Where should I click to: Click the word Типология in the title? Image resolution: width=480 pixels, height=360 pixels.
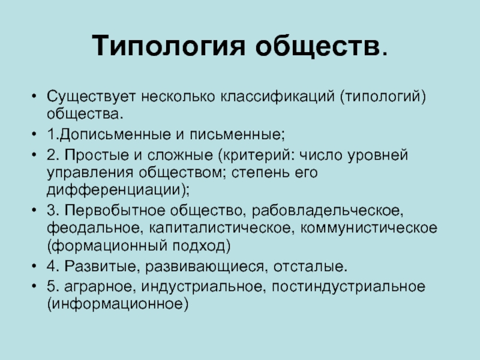[169, 46]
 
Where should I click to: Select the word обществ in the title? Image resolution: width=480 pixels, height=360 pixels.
[317, 47]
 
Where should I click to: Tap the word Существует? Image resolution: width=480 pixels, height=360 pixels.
[91, 97]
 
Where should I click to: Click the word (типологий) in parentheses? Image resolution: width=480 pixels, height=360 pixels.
[383, 97]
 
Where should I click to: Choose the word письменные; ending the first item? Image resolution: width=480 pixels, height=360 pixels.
[237, 135]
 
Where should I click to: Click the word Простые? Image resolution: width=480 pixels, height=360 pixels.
[97, 155]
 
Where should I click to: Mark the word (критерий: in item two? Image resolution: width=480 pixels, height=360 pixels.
[256, 155]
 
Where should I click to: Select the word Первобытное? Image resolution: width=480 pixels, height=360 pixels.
[115, 211]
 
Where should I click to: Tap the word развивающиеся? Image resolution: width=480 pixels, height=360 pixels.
[204, 266]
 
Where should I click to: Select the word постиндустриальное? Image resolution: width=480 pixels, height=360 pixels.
[349, 287]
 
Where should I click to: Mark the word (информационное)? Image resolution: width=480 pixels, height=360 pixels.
[118, 304]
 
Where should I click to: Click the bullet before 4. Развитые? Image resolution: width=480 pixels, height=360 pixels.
[34, 266]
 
